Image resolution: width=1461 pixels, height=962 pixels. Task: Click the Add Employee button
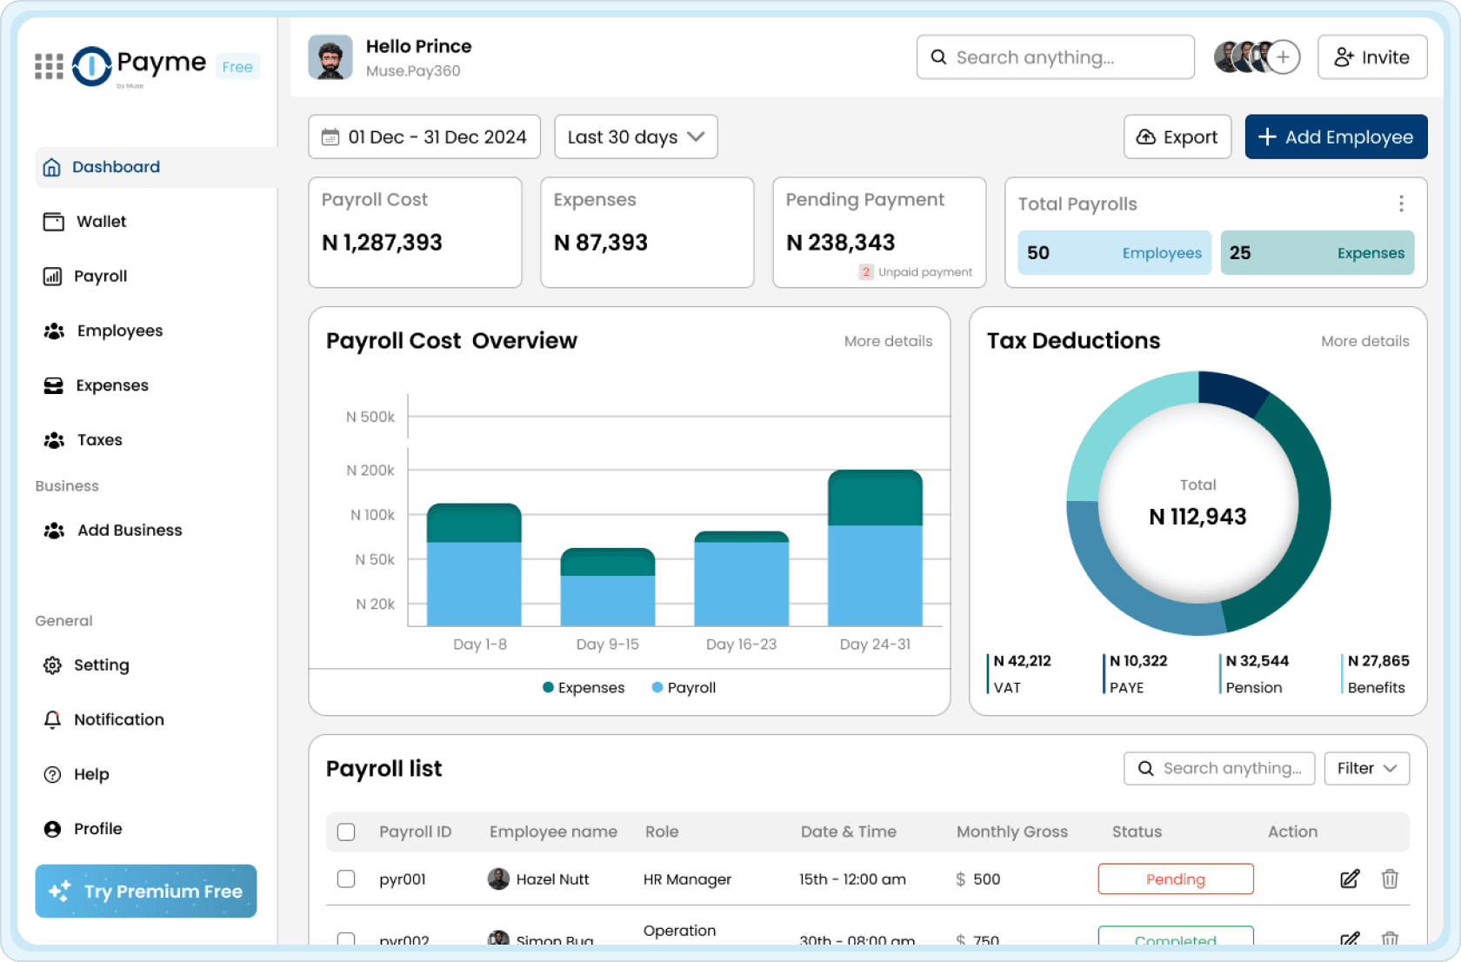pyautogui.click(x=1335, y=137)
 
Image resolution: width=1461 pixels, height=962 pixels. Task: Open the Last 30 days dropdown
pyautogui.click(x=635, y=137)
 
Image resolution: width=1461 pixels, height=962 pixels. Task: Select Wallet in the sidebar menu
pyautogui.click(x=101, y=222)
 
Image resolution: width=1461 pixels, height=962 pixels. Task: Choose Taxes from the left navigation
pyautogui.click(x=99, y=440)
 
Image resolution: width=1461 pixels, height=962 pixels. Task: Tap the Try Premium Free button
pyautogui.click(x=146, y=891)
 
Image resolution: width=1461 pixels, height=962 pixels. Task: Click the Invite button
pyautogui.click(x=1371, y=57)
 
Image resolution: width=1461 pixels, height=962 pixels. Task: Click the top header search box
pyautogui.click(x=1055, y=57)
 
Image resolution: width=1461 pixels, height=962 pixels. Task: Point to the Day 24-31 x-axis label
pyautogui.click(x=874, y=645)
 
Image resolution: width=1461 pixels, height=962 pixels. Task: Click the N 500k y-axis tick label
pyautogui.click(x=370, y=417)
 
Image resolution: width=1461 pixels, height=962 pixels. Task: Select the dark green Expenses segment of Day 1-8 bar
pyautogui.click(x=474, y=524)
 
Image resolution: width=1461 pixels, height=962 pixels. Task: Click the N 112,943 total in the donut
pyautogui.click(x=1197, y=517)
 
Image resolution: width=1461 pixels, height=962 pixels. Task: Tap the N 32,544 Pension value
pyautogui.click(x=1257, y=661)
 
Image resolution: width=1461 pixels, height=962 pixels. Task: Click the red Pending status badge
pyautogui.click(x=1175, y=878)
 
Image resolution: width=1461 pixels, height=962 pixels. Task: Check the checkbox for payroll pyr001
pyautogui.click(x=346, y=878)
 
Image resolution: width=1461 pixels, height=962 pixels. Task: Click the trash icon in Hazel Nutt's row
pyautogui.click(x=1389, y=878)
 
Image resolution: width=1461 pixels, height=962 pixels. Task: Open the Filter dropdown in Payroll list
pyautogui.click(x=1366, y=768)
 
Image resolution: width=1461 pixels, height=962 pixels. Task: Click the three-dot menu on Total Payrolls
pyautogui.click(x=1400, y=204)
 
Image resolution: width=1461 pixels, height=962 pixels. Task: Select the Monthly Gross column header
pyautogui.click(x=1011, y=832)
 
